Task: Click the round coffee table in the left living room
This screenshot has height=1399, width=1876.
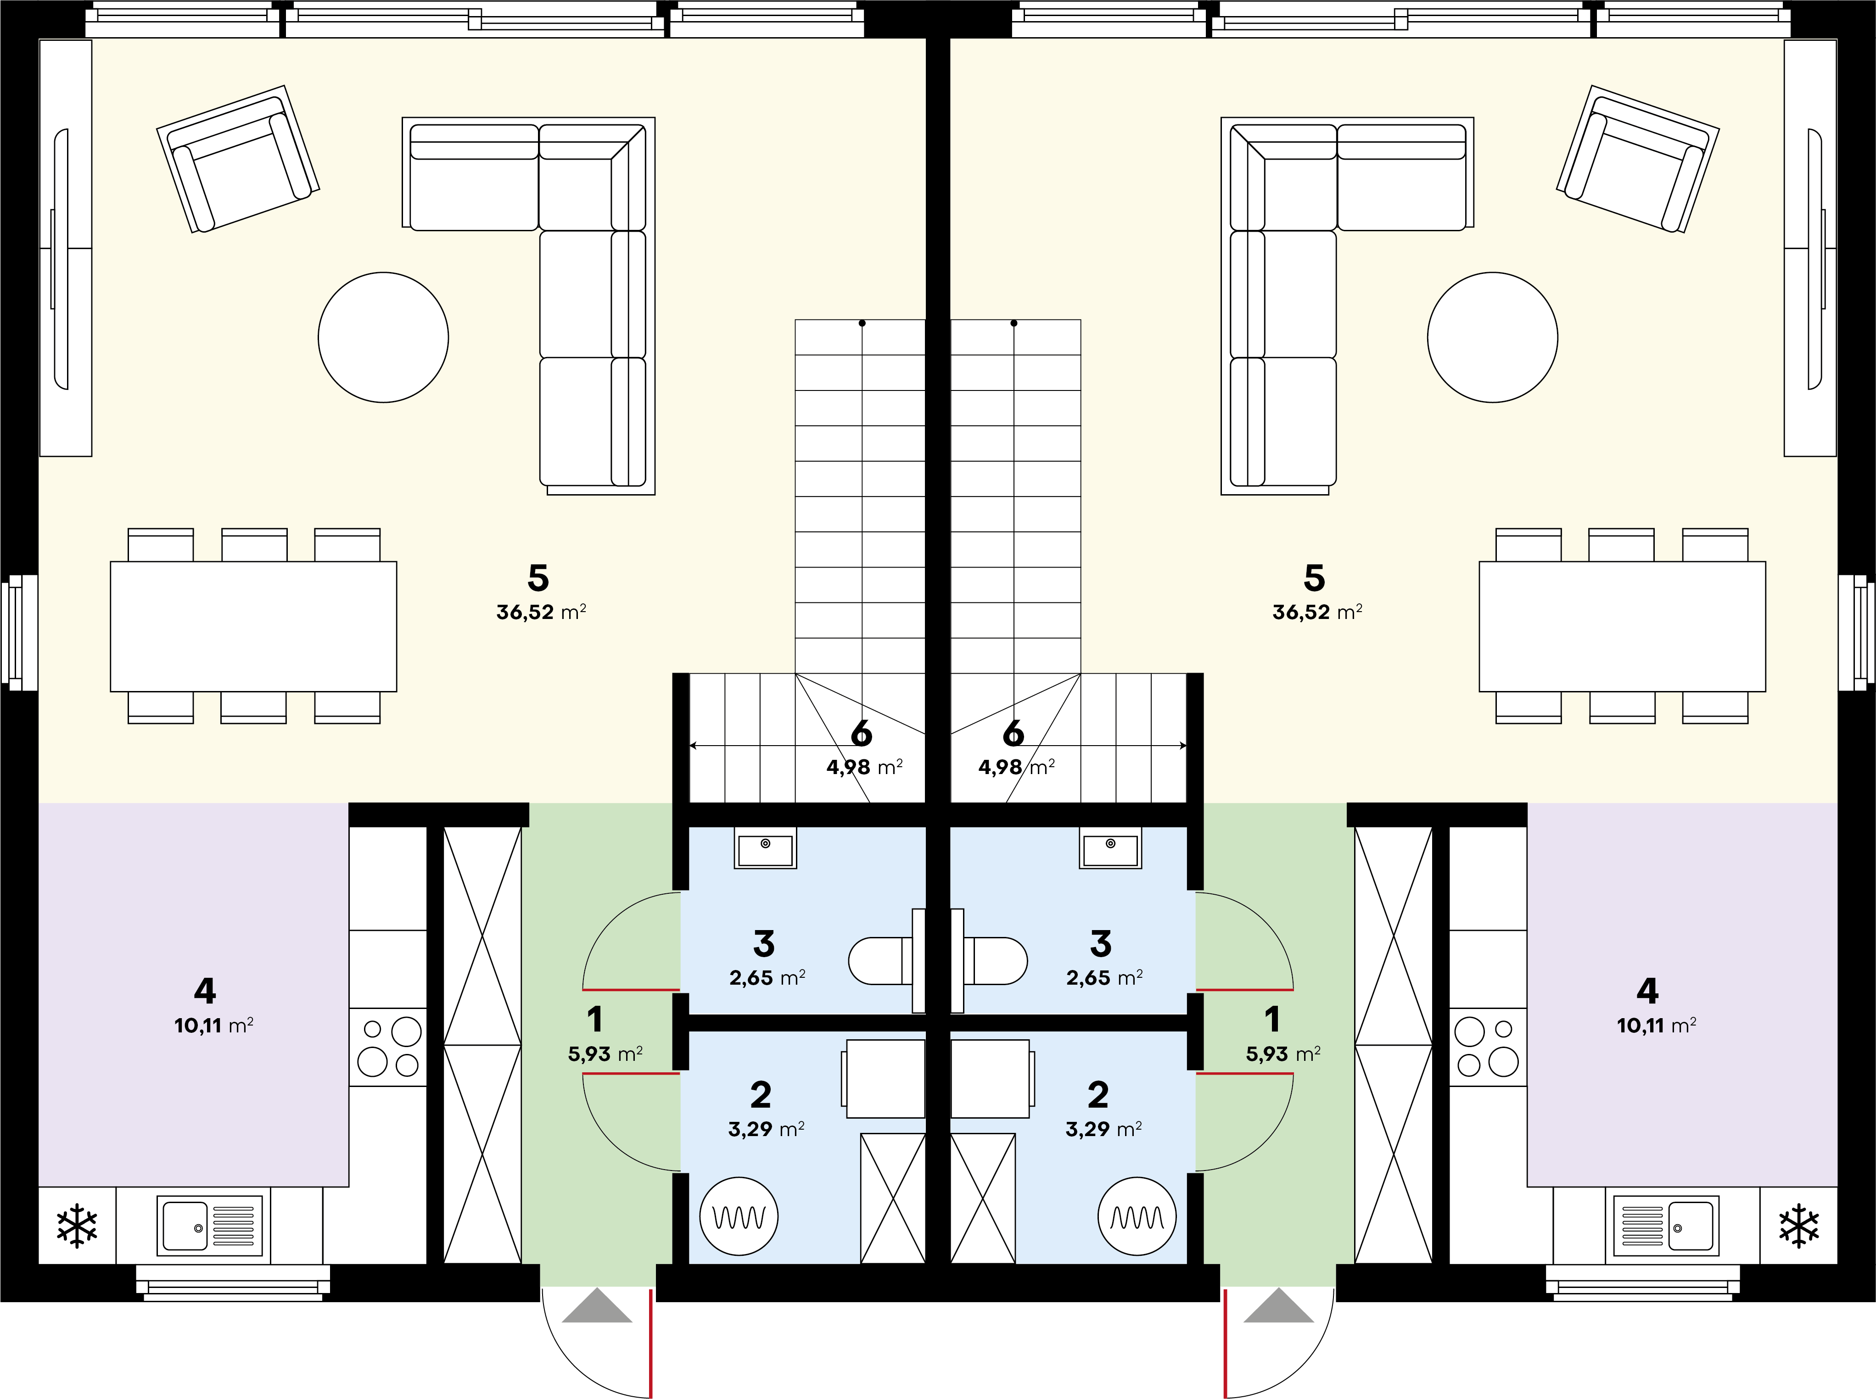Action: [383, 337]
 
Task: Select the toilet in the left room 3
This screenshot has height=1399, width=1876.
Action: [886, 960]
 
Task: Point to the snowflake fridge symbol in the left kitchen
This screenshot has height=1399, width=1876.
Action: [77, 1226]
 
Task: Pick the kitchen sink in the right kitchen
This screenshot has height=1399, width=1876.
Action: [1666, 1226]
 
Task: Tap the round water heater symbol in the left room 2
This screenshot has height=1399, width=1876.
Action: [739, 1216]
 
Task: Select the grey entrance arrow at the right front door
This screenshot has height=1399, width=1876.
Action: [1279, 1305]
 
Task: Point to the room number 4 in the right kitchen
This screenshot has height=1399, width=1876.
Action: [1646, 990]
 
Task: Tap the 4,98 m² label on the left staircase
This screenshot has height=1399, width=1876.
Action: [864, 767]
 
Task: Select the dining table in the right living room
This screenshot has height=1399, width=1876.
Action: [1622, 626]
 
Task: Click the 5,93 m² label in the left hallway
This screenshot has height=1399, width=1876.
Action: [605, 1054]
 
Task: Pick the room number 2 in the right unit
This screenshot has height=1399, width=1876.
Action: [1098, 1095]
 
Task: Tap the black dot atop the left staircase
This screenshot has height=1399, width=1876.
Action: [862, 323]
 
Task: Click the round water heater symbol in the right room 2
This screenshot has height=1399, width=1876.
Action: [1137, 1216]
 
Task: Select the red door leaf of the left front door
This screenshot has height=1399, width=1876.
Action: [650, 1343]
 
